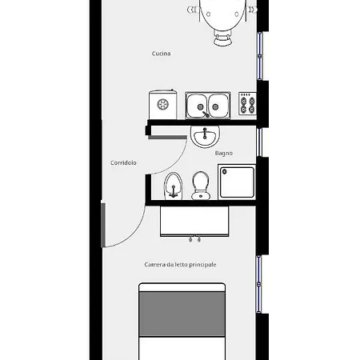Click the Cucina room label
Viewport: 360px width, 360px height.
pos(161,54)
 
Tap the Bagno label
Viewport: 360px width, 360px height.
pos(224,154)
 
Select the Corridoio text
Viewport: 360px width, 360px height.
pos(123,162)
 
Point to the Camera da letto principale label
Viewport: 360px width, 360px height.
pos(180,265)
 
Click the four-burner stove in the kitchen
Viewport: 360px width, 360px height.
pos(247,104)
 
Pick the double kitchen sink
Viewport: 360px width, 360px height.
pos(208,106)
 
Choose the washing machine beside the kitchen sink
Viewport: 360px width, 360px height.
pos(162,105)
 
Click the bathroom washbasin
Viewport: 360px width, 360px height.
pos(205,137)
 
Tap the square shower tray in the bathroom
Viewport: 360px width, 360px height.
pos(237,182)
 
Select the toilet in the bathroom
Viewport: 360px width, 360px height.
pos(201,186)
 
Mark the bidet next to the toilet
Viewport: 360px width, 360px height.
pos(174,186)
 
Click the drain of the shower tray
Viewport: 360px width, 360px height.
pos(225,172)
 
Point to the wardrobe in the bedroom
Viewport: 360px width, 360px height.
pos(194,222)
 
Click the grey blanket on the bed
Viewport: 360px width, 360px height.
pos(182,314)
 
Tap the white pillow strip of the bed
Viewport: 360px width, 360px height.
pos(182,287)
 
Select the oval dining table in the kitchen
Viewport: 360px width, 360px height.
pos(222,14)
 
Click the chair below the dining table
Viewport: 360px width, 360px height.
pos(222,38)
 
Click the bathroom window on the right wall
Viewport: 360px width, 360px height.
pos(259,142)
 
